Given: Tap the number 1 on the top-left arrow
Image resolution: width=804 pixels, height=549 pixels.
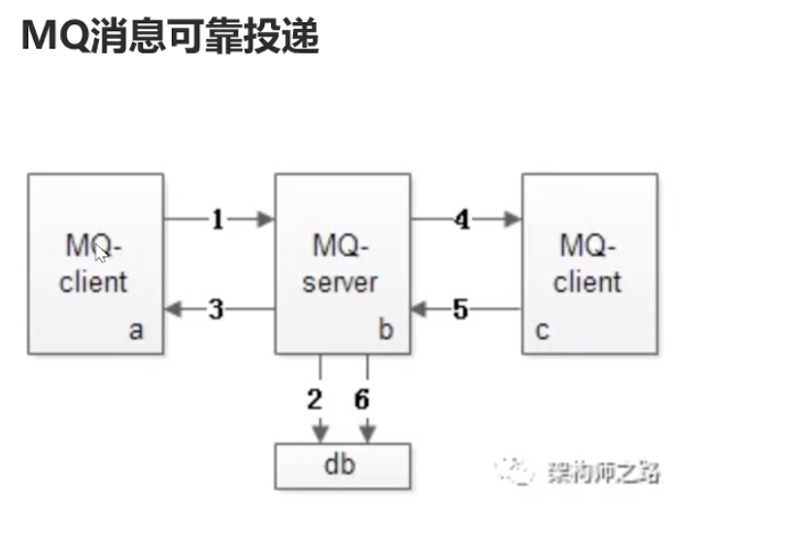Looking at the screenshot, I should [x=218, y=220].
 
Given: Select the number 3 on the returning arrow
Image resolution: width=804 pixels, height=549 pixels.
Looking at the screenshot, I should [x=217, y=310].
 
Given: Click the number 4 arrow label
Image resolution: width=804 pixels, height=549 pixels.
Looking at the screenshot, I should [x=462, y=221].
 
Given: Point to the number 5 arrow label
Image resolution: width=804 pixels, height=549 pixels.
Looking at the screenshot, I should [x=461, y=310].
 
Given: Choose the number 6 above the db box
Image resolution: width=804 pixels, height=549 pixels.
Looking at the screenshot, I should [x=362, y=400].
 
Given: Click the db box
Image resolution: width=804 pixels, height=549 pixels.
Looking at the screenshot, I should [x=343, y=465].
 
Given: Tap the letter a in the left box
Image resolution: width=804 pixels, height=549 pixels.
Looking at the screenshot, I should [x=136, y=330].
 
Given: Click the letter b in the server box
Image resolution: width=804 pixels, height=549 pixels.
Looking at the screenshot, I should [x=385, y=330].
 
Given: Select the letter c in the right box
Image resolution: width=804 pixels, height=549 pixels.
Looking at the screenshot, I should [x=542, y=330].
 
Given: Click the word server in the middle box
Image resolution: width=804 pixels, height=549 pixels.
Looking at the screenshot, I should [x=340, y=283].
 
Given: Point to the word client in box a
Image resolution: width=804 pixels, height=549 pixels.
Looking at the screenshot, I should [x=93, y=283].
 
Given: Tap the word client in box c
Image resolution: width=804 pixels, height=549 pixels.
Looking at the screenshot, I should [x=587, y=283].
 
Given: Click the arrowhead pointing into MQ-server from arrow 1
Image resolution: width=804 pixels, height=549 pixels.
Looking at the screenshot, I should [x=266, y=220].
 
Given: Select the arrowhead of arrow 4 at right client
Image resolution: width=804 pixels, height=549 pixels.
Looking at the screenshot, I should [x=513, y=220].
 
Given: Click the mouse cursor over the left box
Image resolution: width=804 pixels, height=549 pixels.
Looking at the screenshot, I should [x=103, y=255].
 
